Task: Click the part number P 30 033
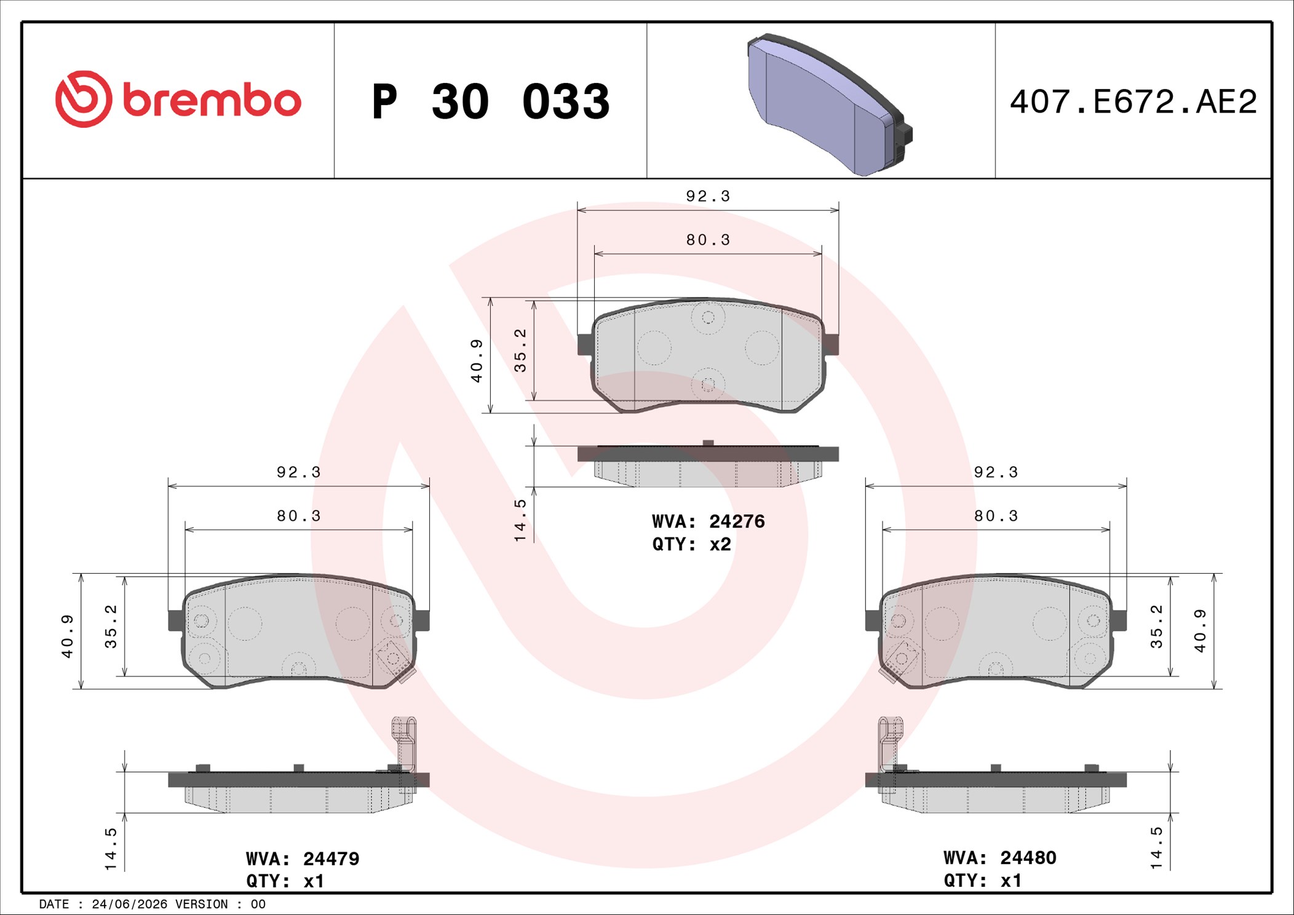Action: point(490,101)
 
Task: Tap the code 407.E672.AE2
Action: point(1133,101)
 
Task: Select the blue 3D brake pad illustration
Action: point(830,105)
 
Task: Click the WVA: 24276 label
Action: point(709,521)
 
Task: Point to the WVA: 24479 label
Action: point(303,858)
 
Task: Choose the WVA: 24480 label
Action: point(1000,858)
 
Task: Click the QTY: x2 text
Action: point(692,544)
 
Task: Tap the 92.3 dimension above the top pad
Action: point(708,196)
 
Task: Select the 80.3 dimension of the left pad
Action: point(299,516)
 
